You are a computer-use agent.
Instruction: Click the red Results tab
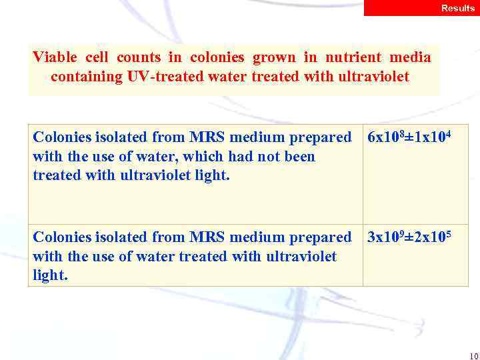tap(421, 8)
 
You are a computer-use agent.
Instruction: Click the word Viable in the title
tap(55, 57)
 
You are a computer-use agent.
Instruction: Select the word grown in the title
tap(273, 57)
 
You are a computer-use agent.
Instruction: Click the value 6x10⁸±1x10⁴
tap(405, 137)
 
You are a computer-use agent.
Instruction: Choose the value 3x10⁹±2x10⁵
tap(405, 237)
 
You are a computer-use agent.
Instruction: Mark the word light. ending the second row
tap(50, 275)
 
